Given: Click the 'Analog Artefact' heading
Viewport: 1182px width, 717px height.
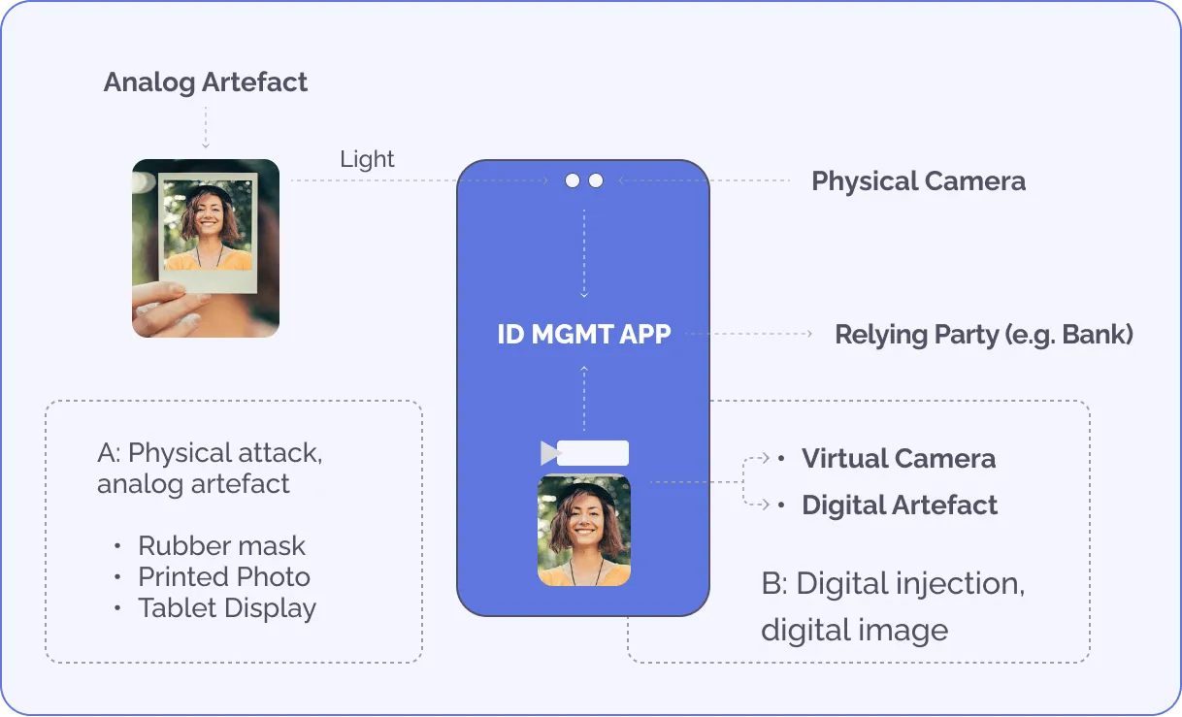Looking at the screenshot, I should coord(205,82).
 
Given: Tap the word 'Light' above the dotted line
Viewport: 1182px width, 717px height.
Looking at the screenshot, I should coord(367,159).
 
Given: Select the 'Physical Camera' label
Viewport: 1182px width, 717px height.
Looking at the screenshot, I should coord(918,181).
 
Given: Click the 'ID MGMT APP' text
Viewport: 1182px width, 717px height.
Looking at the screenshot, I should coord(584,335).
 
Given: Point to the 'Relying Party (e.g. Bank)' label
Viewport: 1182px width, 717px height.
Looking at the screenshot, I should coord(984,335).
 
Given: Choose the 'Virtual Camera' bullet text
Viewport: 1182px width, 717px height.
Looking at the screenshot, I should coord(899,459).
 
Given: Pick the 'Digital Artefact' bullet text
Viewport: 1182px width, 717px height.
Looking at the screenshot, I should coord(900,505).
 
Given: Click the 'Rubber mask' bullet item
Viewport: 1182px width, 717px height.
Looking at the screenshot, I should coord(221,545).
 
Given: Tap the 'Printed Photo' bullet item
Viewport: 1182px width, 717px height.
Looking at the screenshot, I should coord(224,577).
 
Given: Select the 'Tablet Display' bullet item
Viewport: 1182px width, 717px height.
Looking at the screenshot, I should coord(227,609).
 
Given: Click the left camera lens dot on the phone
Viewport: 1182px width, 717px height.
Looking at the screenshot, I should coord(573,180).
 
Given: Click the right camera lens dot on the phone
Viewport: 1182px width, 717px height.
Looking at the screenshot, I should coord(596,180).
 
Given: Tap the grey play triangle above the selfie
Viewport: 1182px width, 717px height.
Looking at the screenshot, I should coord(549,453).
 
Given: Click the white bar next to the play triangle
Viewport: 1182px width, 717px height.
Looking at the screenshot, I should coord(593,453).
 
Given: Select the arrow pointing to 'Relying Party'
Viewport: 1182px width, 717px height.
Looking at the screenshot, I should coord(807,335).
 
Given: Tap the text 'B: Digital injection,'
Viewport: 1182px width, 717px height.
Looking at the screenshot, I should coord(893,584).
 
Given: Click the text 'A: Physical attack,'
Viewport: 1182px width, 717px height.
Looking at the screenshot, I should coord(210,453).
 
